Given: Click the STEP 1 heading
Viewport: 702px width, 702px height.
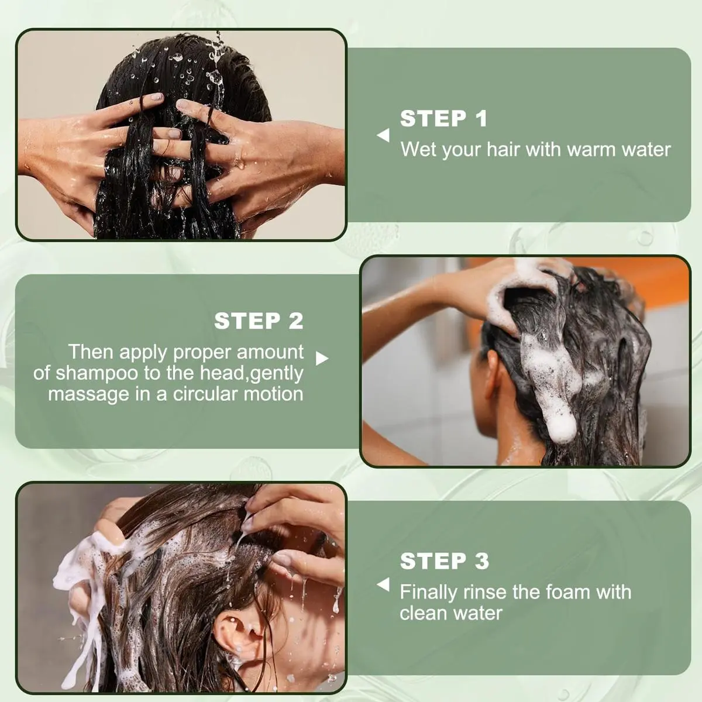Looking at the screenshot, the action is pyautogui.click(x=443, y=118).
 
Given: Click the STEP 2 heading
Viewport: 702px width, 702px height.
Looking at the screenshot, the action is pyautogui.click(x=259, y=321).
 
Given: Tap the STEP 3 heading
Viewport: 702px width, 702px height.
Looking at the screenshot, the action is pyautogui.click(x=444, y=561).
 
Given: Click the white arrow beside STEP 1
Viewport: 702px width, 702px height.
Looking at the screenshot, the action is pyautogui.click(x=383, y=135).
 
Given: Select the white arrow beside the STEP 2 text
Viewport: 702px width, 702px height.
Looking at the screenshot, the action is pyautogui.click(x=322, y=359).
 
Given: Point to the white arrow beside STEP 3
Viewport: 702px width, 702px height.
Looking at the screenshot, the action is pyautogui.click(x=383, y=584).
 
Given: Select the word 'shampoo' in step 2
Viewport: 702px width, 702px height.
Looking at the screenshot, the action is pyautogui.click(x=97, y=374).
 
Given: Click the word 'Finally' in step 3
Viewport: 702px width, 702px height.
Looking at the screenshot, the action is pyautogui.click(x=428, y=593).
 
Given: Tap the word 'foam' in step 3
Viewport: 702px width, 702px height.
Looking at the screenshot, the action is pyautogui.click(x=565, y=591).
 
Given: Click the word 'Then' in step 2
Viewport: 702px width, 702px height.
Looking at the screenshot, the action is pyautogui.click(x=91, y=352).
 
